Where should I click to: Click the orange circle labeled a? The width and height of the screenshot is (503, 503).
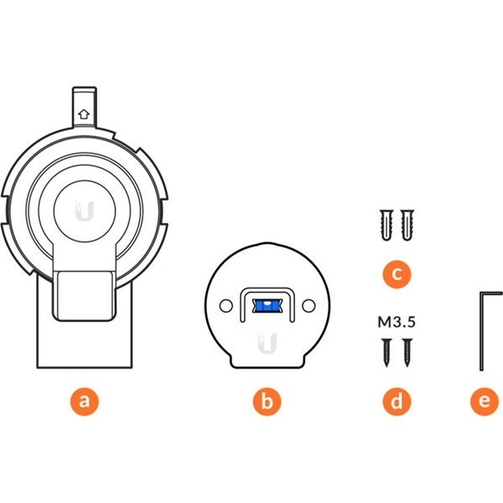(85, 402)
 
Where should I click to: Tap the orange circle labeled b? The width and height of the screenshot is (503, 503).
(267, 402)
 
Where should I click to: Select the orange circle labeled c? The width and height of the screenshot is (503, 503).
(397, 274)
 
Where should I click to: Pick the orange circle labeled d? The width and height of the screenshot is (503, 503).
(397, 402)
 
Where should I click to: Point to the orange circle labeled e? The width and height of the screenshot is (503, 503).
(485, 402)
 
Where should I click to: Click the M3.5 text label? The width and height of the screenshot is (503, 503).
(397, 322)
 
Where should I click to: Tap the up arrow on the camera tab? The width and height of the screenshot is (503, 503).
(84, 114)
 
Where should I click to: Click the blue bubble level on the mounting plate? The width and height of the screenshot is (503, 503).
(267, 306)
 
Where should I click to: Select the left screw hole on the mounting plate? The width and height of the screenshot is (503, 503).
(226, 306)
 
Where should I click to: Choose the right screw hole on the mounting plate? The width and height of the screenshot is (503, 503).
(309, 306)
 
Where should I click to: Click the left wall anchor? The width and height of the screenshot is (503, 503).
(386, 225)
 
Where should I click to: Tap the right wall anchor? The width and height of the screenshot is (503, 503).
(407, 225)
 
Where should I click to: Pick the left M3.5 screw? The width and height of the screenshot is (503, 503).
(386, 352)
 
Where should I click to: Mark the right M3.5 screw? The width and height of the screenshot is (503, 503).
(407, 352)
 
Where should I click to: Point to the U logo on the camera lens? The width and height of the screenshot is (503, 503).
(85, 211)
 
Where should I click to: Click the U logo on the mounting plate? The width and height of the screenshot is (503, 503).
(267, 344)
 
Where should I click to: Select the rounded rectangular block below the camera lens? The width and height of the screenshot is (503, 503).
(84, 296)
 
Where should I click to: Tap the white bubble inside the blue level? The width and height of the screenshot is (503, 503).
(267, 303)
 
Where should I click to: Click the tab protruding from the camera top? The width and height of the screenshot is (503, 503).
(84, 107)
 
